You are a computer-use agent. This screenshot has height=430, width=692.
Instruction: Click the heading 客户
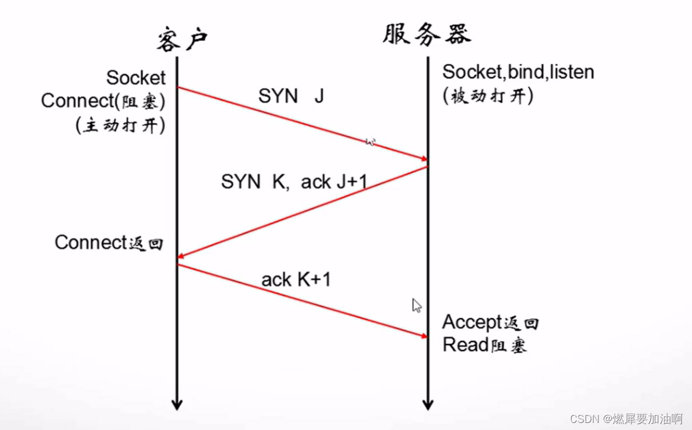point(182,40)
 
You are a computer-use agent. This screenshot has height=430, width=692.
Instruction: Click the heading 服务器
point(427,34)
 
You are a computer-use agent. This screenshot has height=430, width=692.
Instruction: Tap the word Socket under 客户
point(136,77)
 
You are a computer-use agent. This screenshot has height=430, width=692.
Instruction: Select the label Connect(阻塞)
point(103,101)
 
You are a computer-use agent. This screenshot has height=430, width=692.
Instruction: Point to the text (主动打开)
point(120,125)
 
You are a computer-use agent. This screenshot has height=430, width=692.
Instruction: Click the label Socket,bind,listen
point(518,72)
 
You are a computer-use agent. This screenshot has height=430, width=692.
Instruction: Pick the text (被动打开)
point(488,96)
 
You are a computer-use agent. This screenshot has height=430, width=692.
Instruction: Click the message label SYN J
point(291,96)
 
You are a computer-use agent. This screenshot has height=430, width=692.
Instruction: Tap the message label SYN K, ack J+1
point(294,182)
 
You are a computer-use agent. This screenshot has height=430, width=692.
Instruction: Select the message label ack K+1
point(296,279)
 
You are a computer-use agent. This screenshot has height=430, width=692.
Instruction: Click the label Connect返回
point(109,242)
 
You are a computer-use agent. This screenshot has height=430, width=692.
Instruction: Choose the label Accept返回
point(490,322)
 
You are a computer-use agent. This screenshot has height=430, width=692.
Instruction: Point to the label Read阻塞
point(485,345)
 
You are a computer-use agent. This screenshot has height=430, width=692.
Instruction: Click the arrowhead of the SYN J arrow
point(423,159)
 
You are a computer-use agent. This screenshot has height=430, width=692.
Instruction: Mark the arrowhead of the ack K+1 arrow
point(423,336)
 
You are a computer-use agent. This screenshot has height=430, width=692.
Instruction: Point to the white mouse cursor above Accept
point(417,305)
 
